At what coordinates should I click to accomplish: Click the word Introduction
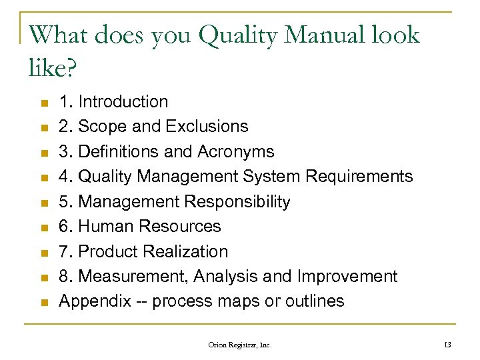click(123, 102)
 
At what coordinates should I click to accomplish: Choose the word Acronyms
click(235, 152)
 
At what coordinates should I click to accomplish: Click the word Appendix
click(95, 301)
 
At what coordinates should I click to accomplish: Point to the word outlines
click(315, 301)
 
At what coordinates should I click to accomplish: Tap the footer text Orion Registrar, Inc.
click(240, 344)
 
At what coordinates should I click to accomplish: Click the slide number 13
click(447, 344)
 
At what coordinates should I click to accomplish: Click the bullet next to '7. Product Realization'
click(45, 253)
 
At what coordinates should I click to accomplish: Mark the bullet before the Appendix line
click(45, 303)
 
